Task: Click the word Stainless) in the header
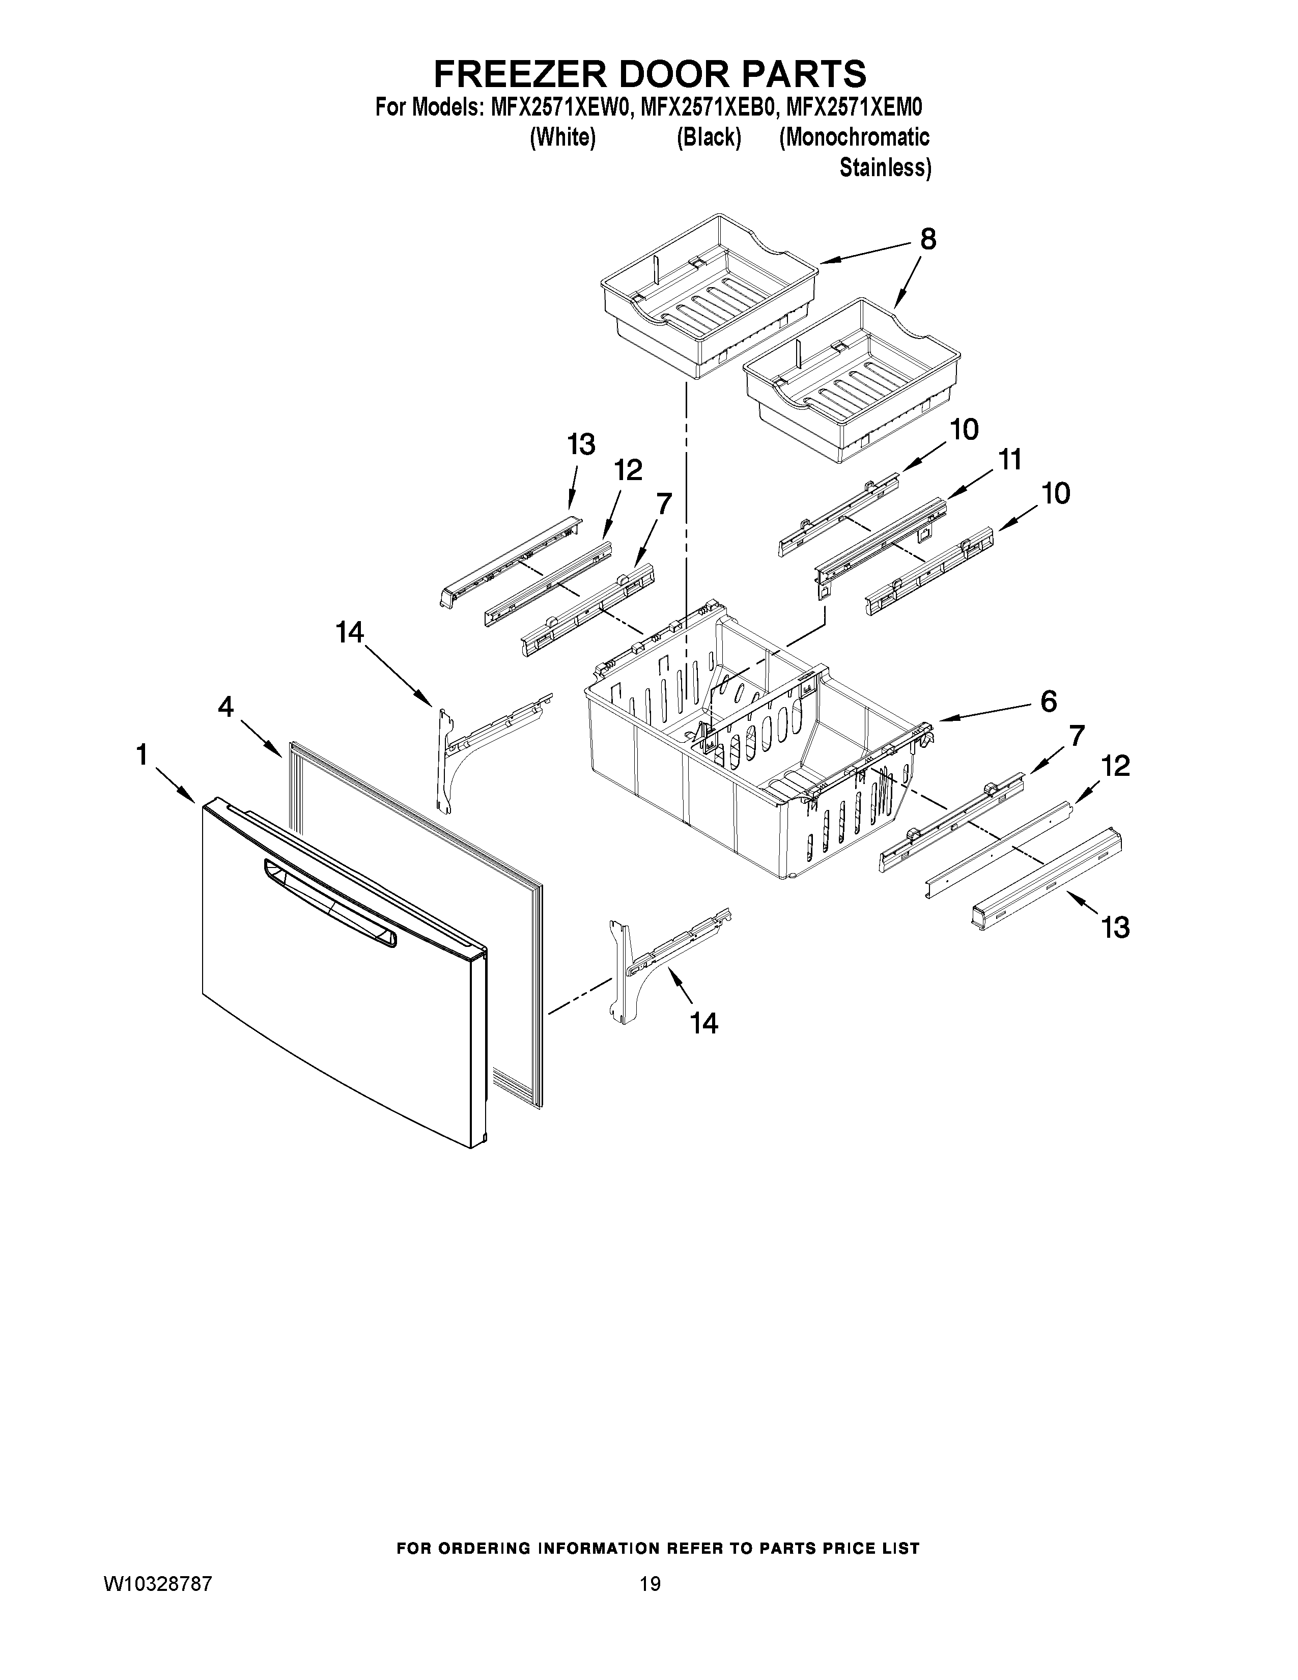point(885,167)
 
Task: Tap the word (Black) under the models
point(708,137)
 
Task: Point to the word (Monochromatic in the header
point(854,137)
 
